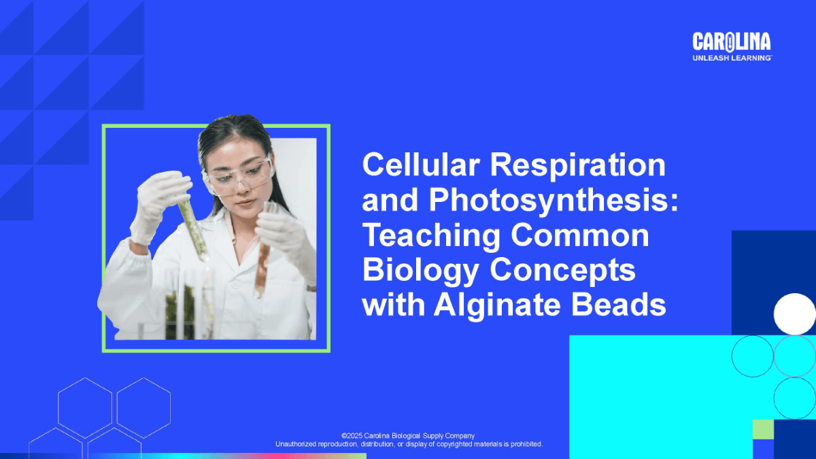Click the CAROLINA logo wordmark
(732, 42)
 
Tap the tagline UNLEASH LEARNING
(732, 58)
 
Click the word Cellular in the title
(421, 165)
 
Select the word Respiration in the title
(578, 166)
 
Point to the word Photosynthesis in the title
(554, 201)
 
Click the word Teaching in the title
(432, 236)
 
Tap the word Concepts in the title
(563, 271)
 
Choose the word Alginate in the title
(497, 305)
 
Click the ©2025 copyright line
(408, 436)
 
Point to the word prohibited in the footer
(526, 444)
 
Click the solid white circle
(794, 314)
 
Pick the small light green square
(763, 430)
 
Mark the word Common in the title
(580, 236)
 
